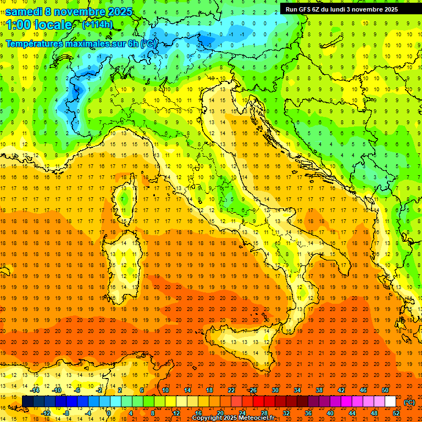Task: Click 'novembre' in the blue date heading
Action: coord(82,12)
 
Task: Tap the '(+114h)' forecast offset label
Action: coord(97,25)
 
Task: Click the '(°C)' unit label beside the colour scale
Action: coord(409,402)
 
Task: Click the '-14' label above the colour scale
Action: coord(36,390)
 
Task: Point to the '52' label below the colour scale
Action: coord(396,413)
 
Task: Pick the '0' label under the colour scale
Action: coord(109,413)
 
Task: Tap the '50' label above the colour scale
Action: coord(385,390)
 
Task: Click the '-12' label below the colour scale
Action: coord(46,413)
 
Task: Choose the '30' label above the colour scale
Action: coord(275,390)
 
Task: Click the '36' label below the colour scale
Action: coord(308,413)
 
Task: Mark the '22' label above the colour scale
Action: coord(231,390)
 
